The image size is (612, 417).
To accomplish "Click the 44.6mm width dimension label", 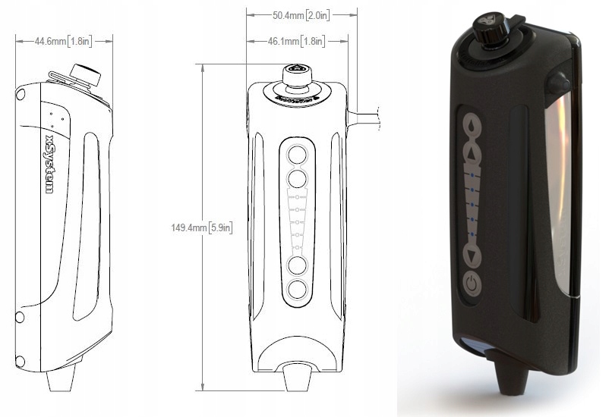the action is coord(63,41).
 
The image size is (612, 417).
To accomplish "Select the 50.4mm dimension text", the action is coord(301,15).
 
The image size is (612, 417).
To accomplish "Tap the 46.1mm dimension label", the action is coord(296,41).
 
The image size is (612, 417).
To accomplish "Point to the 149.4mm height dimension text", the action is coord(202,227).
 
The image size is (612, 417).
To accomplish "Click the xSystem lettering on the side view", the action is coord(49,164).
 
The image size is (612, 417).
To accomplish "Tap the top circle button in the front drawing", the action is coord(298,155).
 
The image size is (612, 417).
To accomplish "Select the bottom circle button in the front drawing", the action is coord(298,290).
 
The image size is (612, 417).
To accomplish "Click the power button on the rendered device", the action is coord(472,283).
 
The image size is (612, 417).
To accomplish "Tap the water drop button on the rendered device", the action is coord(472,124).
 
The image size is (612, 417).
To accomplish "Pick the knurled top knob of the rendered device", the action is coord(489,27).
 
